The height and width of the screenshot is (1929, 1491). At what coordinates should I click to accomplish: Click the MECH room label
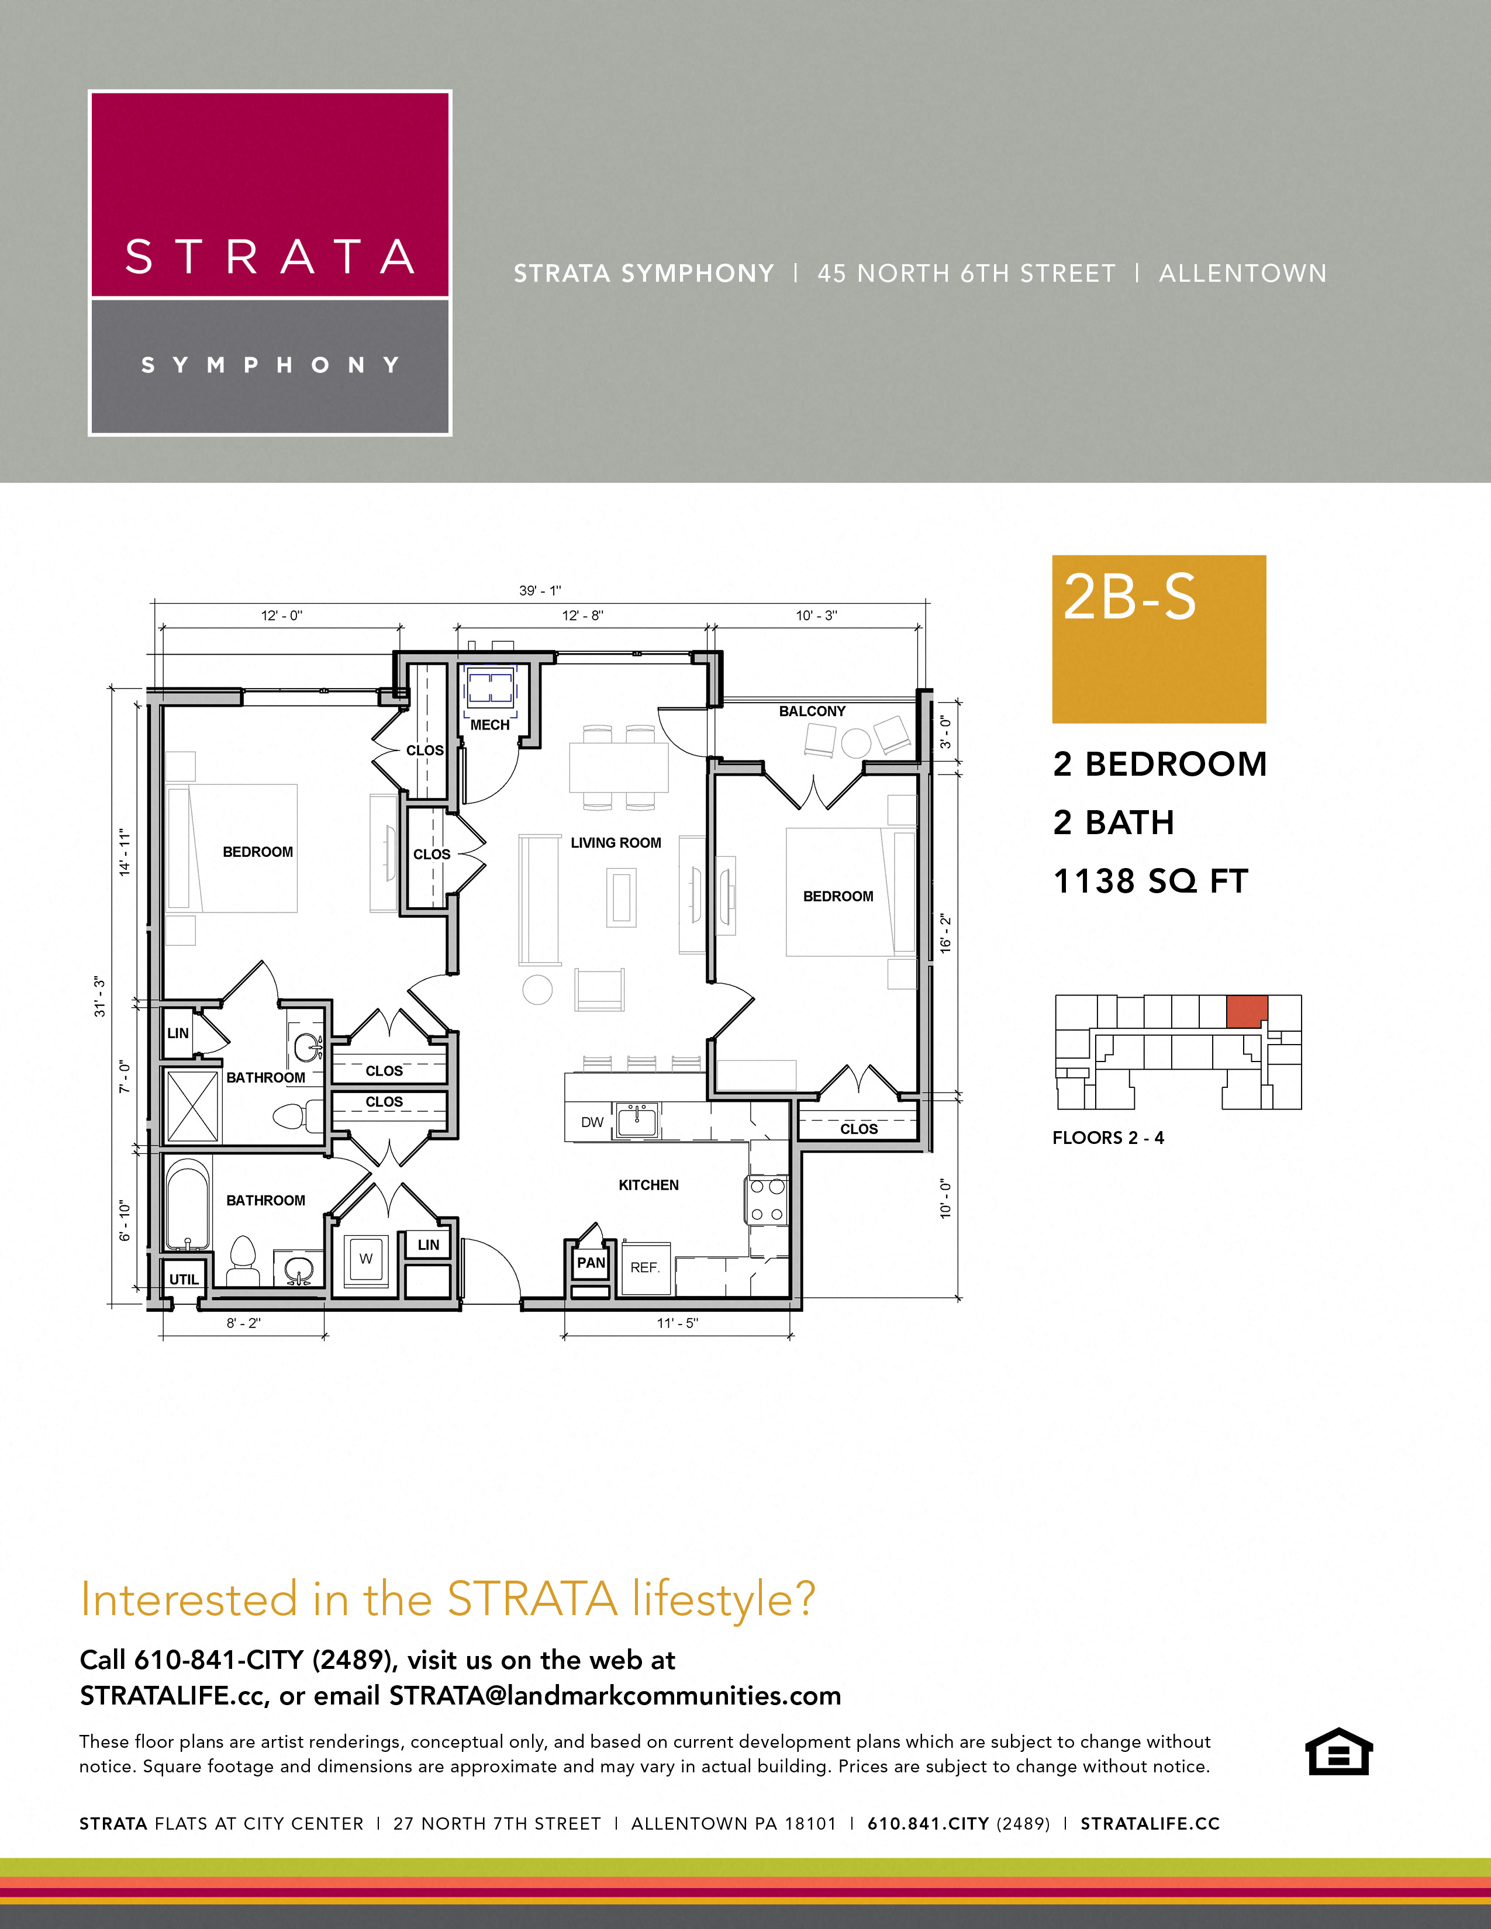[489, 725]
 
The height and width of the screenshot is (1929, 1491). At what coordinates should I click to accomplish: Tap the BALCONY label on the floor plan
[812, 711]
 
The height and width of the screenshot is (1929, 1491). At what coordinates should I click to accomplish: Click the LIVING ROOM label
[616, 842]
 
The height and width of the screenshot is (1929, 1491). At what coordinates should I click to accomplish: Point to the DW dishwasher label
[592, 1122]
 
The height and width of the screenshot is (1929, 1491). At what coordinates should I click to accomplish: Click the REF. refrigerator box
[646, 1267]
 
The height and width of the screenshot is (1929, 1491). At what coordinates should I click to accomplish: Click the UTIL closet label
[184, 1280]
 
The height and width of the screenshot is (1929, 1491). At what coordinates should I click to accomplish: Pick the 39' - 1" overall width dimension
[540, 591]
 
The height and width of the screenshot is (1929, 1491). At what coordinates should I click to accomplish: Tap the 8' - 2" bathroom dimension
[244, 1323]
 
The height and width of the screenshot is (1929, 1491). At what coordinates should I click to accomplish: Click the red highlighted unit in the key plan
[1247, 1011]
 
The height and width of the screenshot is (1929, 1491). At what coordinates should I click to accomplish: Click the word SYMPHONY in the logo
[270, 365]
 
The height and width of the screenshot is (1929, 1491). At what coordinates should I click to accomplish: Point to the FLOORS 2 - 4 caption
[1107, 1138]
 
